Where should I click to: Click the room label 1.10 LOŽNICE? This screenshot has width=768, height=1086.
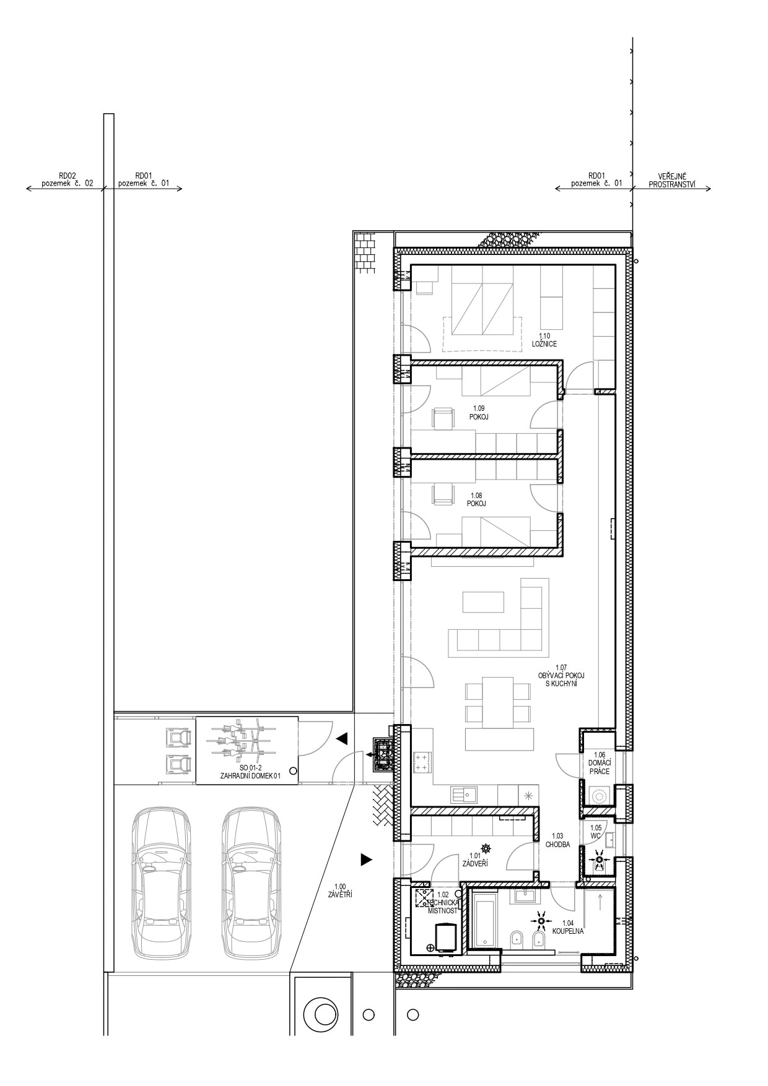tap(544, 340)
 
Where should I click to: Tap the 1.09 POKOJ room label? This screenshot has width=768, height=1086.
tap(478, 413)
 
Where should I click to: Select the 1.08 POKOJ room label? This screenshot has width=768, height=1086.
tap(476, 499)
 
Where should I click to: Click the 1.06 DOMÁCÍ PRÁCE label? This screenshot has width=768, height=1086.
tap(599, 763)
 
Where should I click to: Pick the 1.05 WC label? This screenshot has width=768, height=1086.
tap(596, 831)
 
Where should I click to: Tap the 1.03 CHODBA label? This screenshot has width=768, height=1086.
tap(557, 840)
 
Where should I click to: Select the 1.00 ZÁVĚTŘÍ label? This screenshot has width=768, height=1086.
tap(340, 890)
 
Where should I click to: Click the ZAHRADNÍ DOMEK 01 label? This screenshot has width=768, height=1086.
tap(250, 775)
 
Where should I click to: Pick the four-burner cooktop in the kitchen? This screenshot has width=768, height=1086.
tap(422, 762)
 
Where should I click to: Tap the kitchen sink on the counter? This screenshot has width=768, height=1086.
tap(464, 794)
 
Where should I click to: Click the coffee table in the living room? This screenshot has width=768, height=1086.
tap(483, 601)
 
